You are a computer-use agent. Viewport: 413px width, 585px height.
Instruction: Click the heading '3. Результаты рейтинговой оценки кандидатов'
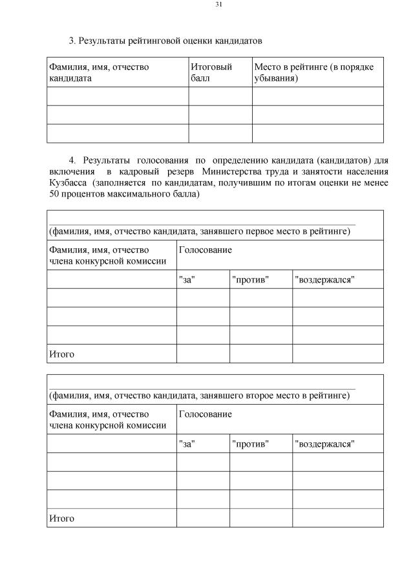(165, 41)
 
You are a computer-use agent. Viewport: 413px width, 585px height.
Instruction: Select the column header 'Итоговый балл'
(211, 72)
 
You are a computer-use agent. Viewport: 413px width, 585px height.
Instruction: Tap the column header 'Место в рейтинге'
(313, 72)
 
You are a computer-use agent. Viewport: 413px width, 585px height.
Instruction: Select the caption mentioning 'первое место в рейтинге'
(200, 232)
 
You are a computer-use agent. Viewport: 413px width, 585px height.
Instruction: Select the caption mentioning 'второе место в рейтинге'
(199, 396)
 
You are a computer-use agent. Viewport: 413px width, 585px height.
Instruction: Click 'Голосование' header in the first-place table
(205, 250)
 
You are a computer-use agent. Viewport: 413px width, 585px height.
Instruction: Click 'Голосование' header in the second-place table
(205, 414)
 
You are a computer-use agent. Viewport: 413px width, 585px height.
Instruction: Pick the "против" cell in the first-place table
(250, 280)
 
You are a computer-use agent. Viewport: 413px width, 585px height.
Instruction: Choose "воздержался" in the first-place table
(324, 280)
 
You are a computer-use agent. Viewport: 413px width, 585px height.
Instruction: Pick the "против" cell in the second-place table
(250, 444)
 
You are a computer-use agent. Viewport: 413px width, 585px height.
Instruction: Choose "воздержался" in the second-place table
(324, 444)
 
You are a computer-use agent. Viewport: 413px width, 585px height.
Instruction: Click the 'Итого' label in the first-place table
(61, 354)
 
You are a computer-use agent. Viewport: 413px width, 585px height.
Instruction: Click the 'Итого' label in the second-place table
(61, 518)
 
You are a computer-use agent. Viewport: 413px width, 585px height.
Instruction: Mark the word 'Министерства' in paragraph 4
(231, 171)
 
